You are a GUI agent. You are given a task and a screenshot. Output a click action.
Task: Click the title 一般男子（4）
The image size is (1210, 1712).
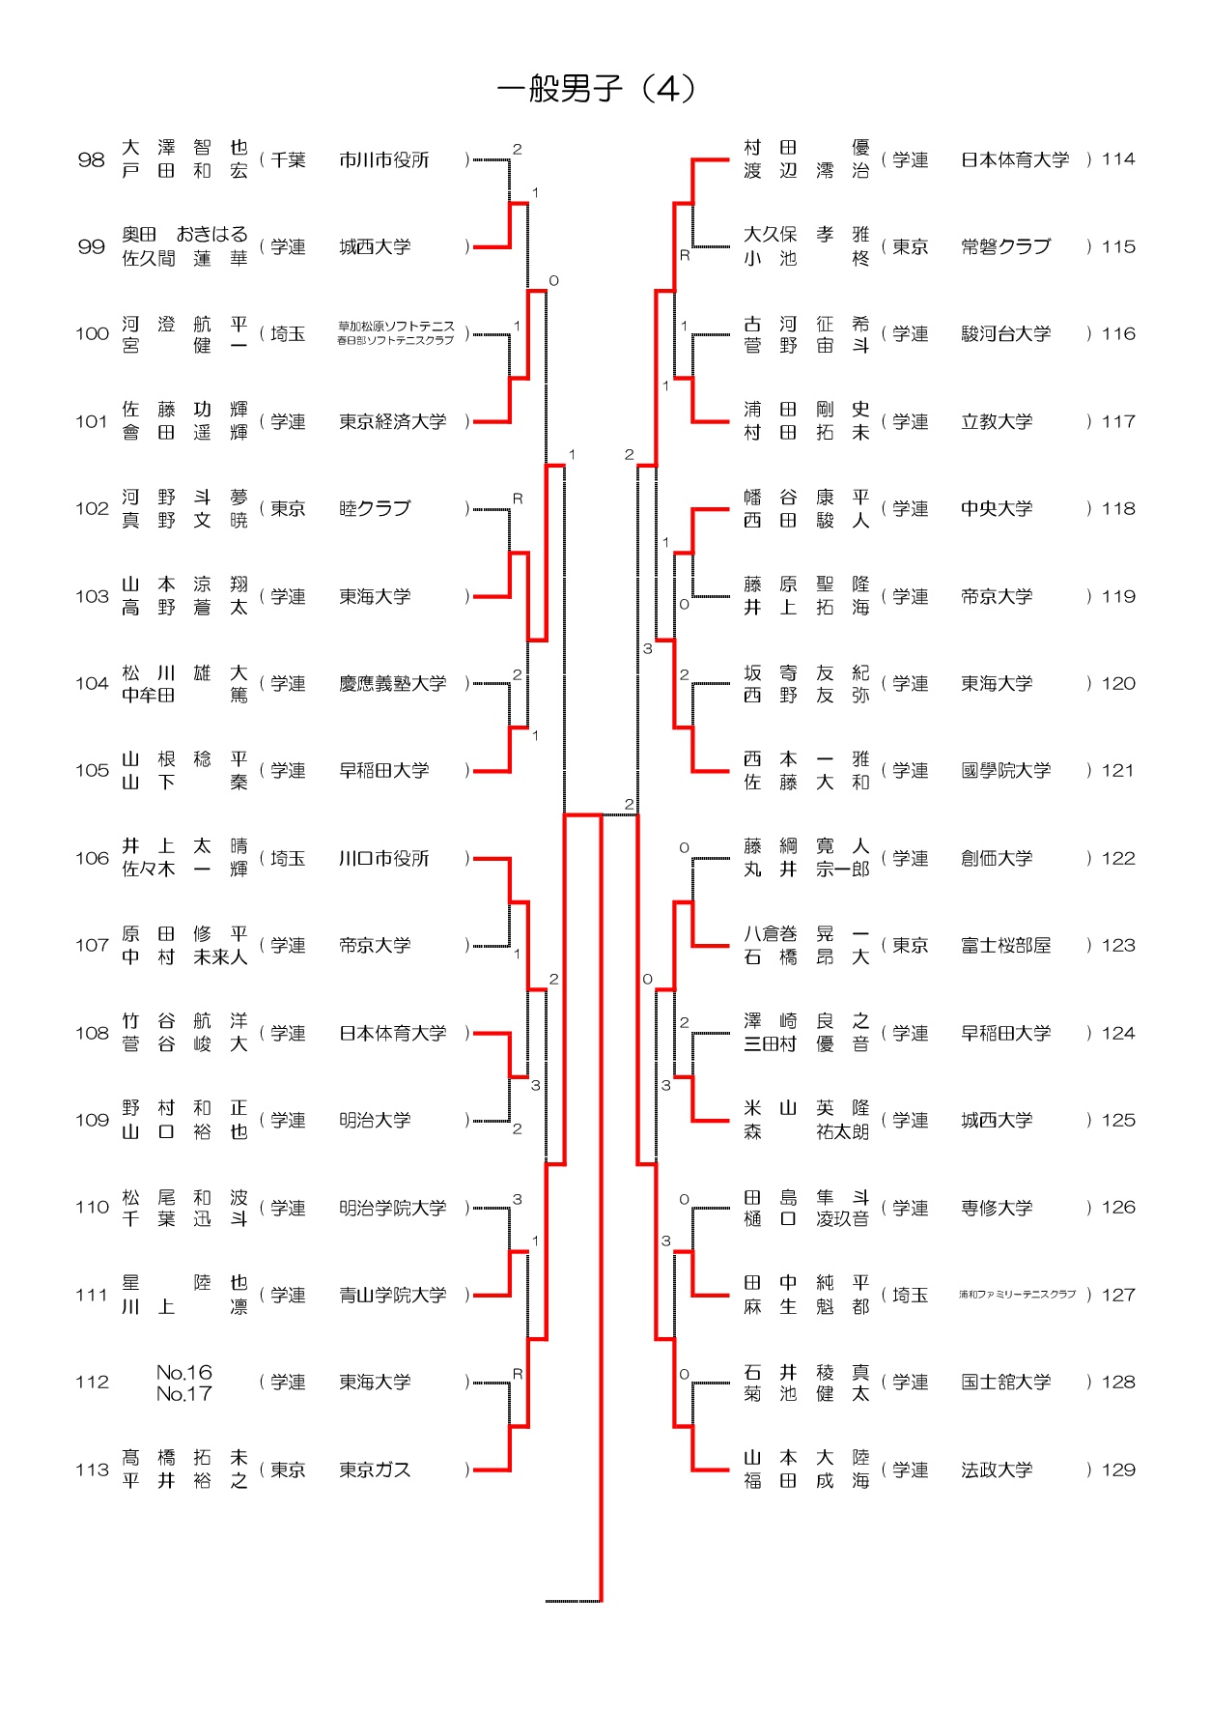(597, 89)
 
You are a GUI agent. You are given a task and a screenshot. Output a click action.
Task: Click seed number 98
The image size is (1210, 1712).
(91, 160)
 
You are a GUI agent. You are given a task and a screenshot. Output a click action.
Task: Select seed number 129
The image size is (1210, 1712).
(1118, 1469)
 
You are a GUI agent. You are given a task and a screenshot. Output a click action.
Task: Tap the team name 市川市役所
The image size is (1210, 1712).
(383, 160)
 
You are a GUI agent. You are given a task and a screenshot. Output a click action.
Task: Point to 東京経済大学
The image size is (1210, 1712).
(392, 422)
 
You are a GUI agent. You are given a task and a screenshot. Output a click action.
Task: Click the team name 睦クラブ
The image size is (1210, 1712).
(375, 509)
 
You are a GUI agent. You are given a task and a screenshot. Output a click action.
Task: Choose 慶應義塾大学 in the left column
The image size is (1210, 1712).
(392, 684)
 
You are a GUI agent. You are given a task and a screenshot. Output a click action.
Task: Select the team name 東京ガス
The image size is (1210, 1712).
(375, 1469)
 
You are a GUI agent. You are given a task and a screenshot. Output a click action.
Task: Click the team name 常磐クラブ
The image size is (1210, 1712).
(1005, 247)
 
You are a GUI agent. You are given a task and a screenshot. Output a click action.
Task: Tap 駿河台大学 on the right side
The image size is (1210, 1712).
(1005, 334)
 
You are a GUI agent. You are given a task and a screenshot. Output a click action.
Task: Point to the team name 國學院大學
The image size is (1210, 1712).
(1005, 771)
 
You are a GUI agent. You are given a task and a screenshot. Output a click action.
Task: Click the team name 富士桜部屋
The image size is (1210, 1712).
(1005, 946)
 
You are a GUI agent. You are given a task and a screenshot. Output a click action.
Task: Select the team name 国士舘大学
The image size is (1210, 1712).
(1005, 1383)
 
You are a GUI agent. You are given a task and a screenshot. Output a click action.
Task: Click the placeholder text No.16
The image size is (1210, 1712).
(183, 1372)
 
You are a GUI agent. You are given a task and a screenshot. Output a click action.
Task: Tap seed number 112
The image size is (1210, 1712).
(92, 1383)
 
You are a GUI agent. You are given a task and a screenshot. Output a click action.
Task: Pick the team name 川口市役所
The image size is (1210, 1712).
(383, 859)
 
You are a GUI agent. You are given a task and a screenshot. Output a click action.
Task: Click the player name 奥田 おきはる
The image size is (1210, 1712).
(184, 235)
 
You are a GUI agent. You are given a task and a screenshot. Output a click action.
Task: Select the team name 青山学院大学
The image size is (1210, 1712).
(392, 1296)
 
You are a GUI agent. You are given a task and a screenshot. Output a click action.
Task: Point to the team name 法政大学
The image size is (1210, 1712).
(997, 1469)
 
